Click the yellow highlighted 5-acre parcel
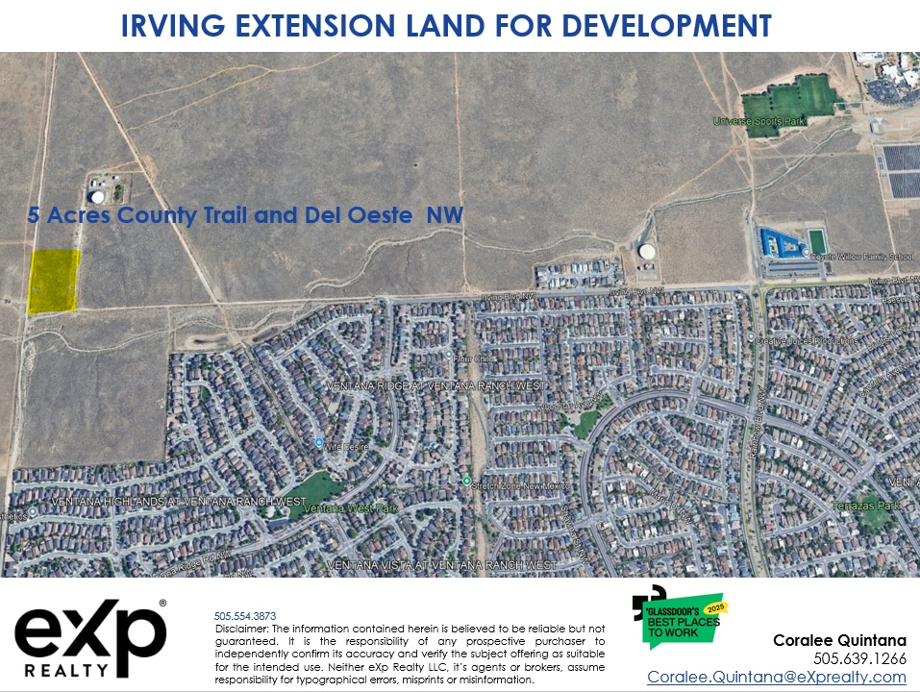54,281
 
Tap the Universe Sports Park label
758,121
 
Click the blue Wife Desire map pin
319,442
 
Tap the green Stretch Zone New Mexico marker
466,481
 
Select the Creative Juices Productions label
803,340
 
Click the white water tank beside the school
647,252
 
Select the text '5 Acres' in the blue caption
69,216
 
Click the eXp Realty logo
90,636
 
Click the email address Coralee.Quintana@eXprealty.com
776,677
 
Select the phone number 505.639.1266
859,659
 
